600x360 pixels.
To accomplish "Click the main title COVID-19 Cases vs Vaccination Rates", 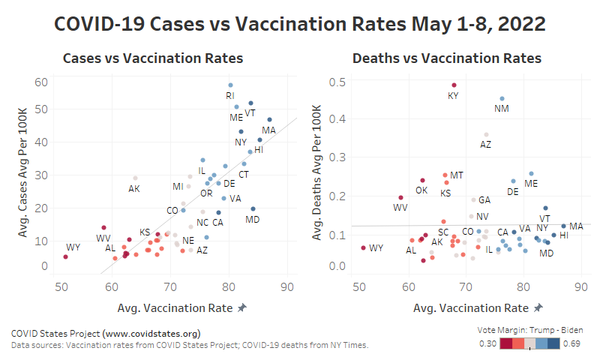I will [300, 24].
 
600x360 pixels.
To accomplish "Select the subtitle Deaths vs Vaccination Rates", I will [446, 58].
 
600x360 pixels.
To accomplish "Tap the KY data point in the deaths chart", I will [454, 85].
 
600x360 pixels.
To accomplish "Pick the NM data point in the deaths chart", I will [502, 98].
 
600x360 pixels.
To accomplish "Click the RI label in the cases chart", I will [230, 95].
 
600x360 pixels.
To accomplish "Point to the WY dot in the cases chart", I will [65, 256].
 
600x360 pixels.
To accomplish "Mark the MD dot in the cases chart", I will [253, 208].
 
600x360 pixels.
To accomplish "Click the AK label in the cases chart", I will [134, 188].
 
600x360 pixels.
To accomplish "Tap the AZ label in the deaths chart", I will [485, 144].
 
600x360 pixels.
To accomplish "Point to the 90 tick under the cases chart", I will [287, 286].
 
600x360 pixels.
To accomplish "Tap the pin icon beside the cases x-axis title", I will [241, 308].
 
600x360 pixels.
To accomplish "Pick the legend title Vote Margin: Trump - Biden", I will [530, 330].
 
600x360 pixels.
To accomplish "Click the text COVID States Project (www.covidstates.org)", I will [106, 333].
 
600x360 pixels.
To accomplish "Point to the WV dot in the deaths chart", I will [400, 198].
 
